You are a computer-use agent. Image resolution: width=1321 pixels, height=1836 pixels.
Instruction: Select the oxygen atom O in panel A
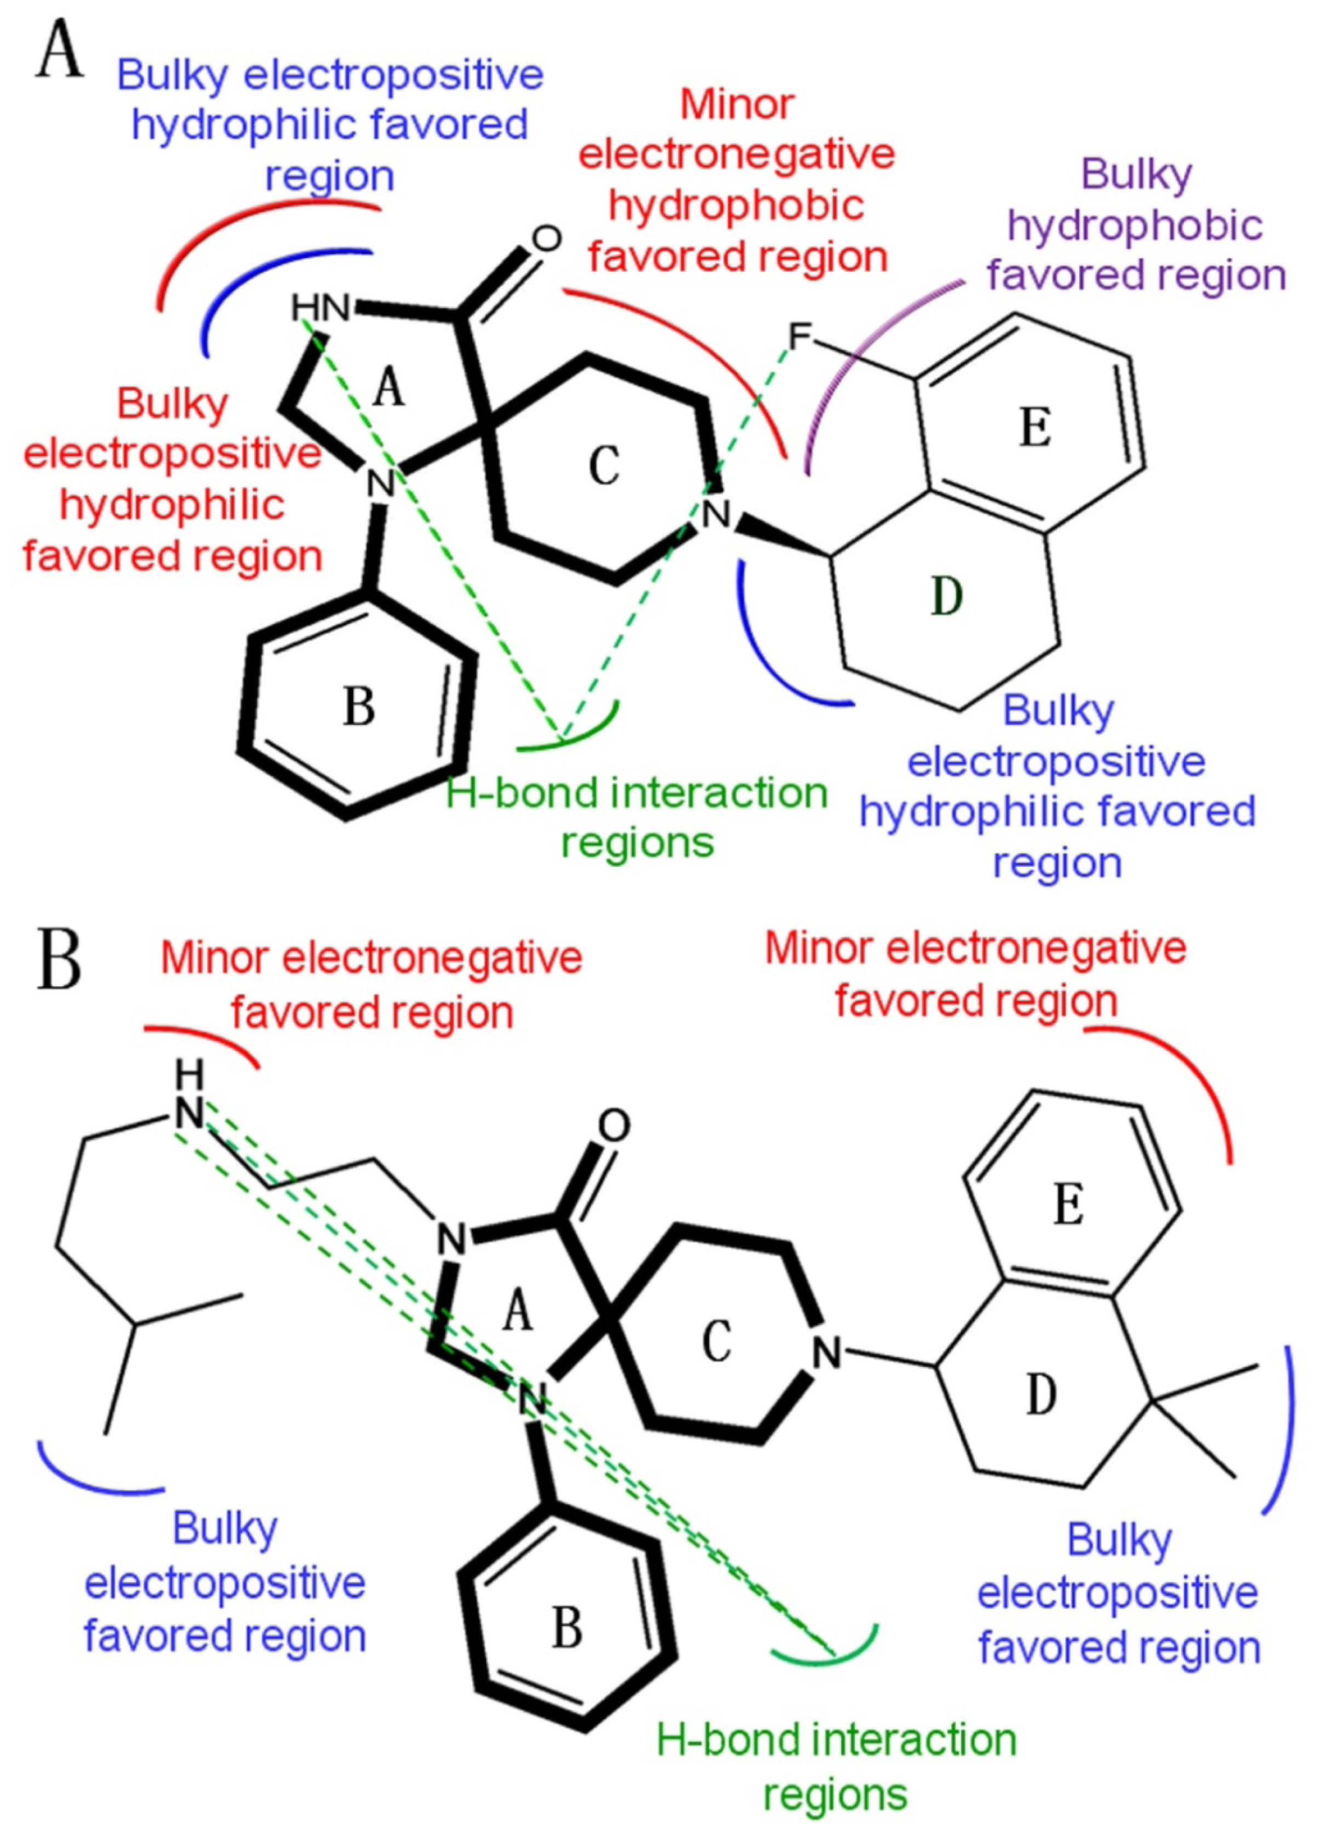coord(546,239)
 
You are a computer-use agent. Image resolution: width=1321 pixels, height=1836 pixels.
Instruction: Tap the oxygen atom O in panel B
coord(614,1125)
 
